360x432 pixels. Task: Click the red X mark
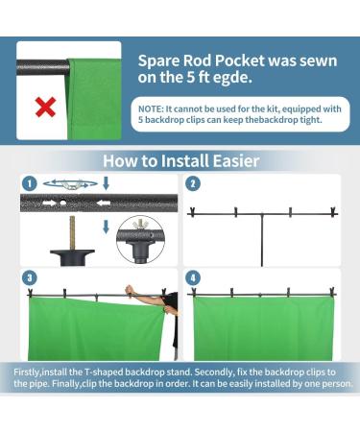(x=44, y=107)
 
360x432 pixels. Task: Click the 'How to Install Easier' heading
(x=180, y=160)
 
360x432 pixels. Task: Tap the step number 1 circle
(x=31, y=182)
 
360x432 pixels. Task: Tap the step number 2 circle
(x=193, y=182)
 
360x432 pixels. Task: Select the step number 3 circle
(x=31, y=277)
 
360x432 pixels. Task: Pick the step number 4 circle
(x=193, y=277)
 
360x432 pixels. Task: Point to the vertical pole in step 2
(x=262, y=240)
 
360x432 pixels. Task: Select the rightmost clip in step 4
(x=332, y=291)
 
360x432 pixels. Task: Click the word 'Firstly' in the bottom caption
(x=29, y=370)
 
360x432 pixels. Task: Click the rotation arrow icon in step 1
(x=67, y=180)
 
